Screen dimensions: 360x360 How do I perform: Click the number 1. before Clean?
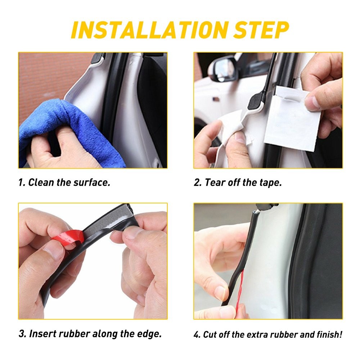click(22, 183)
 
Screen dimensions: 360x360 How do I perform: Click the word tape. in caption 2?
click(270, 183)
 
